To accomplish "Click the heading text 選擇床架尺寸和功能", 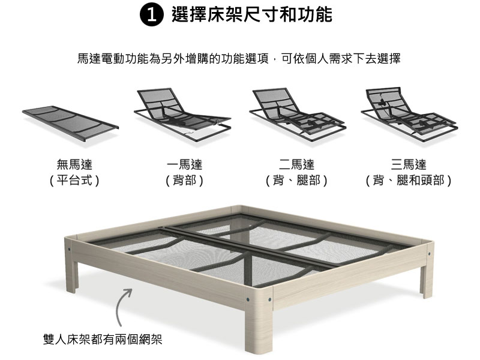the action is (251, 14).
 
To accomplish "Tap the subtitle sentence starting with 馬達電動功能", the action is (239, 58).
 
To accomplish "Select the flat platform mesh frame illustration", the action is (70, 123).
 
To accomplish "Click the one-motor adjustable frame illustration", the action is (182, 115).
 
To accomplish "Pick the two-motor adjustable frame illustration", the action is (298, 114).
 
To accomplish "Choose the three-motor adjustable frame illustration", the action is (410, 113).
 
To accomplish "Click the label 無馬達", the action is (74, 164).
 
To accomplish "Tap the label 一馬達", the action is (184, 164).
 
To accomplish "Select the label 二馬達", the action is (296, 164).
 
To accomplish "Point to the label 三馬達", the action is (409, 164).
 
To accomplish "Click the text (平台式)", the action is (74, 181).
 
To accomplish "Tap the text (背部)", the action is (184, 181).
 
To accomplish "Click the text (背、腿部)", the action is (296, 181).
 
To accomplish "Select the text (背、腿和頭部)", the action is (409, 181).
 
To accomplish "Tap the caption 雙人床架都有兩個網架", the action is (103, 339).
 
